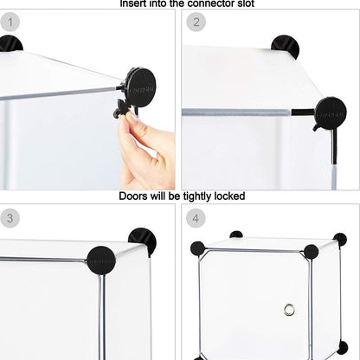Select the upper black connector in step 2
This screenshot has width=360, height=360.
pos(285,46)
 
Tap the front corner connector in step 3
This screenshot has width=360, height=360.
pos(101,258)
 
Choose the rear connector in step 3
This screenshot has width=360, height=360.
pos(142,241)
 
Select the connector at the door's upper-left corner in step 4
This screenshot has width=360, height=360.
pos(198,248)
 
